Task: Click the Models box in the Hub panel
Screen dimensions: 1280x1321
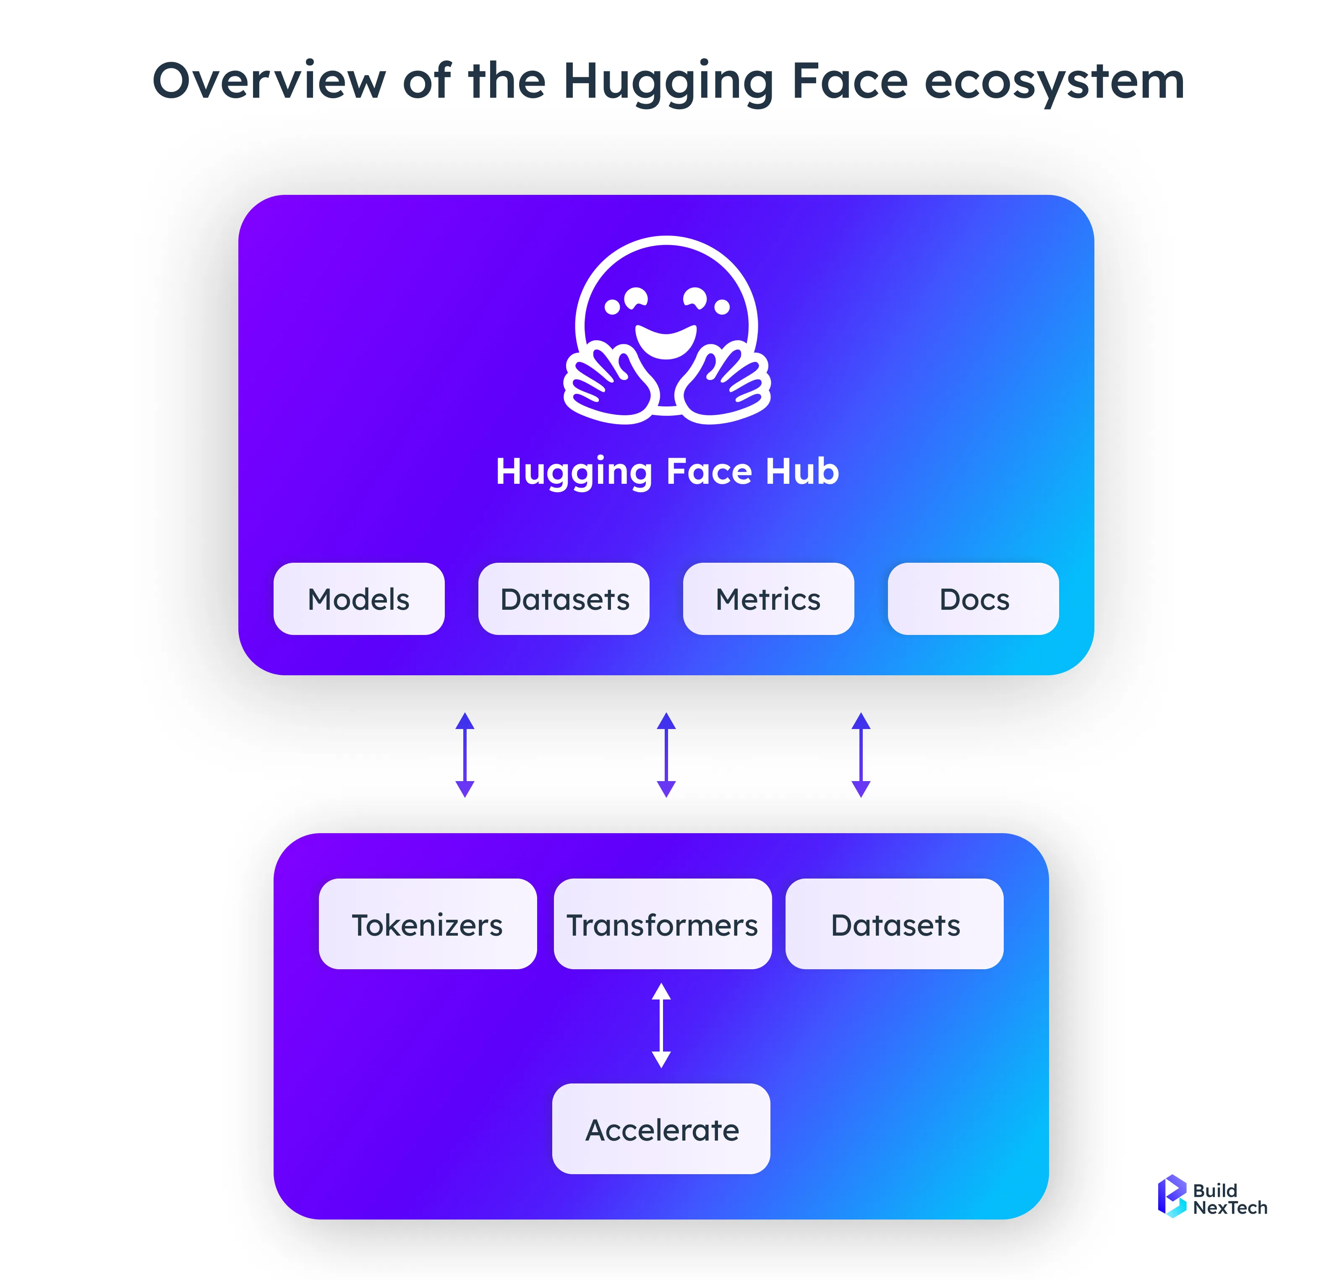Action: point(358,599)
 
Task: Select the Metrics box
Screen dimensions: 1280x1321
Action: point(768,599)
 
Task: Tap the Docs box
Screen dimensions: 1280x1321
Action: point(973,599)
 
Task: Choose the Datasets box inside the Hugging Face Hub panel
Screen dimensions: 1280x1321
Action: point(564,599)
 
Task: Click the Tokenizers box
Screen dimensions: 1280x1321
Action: point(427,924)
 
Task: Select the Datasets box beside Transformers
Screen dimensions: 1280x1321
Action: point(894,924)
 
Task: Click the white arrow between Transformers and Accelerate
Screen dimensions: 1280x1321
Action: point(661,1025)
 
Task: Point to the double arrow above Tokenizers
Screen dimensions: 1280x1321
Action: point(465,755)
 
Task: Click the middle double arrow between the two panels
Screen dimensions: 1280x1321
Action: point(666,755)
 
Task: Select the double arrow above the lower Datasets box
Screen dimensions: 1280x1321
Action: point(861,755)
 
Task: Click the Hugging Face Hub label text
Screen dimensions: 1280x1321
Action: point(667,471)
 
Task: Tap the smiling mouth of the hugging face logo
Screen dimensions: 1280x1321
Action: point(666,339)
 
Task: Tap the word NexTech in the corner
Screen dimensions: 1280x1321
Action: point(1230,1207)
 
